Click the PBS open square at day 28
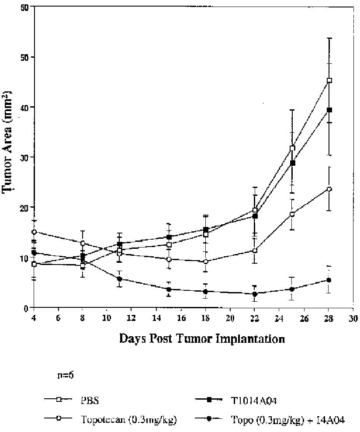(x=329, y=80)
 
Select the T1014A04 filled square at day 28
(x=329, y=110)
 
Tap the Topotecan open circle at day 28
(x=329, y=189)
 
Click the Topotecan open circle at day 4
(x=34, y=232)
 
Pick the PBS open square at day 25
(x=292, y=148)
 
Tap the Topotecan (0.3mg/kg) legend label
(x=128, y=420)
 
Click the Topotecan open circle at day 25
(x=292, y=214)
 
